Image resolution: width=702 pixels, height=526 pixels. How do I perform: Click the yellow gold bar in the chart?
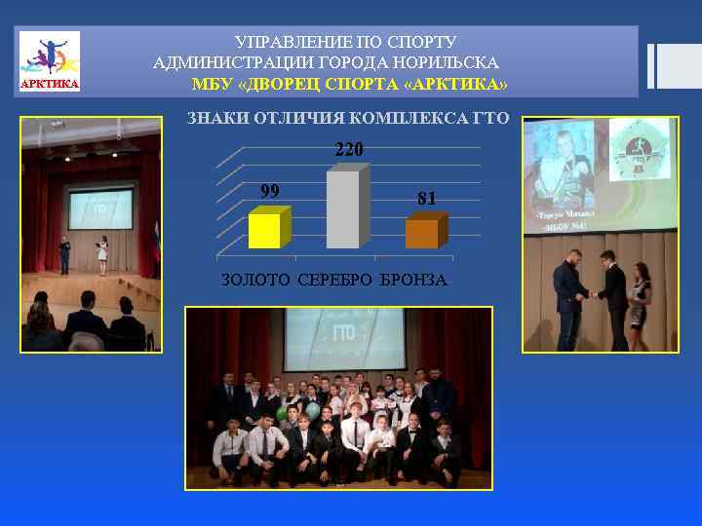coord(264,231)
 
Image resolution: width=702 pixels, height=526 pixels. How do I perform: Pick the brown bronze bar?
coord(421,234)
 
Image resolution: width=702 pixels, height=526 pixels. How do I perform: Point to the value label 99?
coord(269,191)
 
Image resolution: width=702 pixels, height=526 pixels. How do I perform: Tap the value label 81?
coord(427,199)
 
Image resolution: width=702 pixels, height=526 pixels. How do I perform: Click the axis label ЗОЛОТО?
coord(255,281)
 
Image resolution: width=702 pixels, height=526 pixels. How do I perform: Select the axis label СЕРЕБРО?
coord(334,281)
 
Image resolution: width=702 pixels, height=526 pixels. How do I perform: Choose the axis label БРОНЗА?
coord(413,281)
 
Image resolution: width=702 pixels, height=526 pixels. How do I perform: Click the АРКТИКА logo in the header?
coord(50,61)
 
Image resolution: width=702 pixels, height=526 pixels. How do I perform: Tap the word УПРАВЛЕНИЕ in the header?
coord(282,43)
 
